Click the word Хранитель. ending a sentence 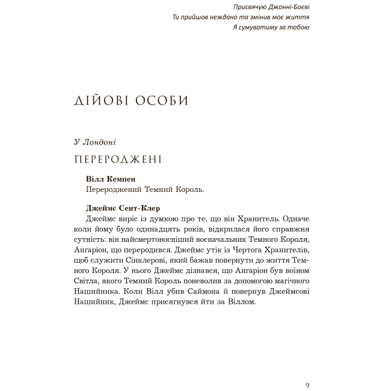point(256,220)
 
